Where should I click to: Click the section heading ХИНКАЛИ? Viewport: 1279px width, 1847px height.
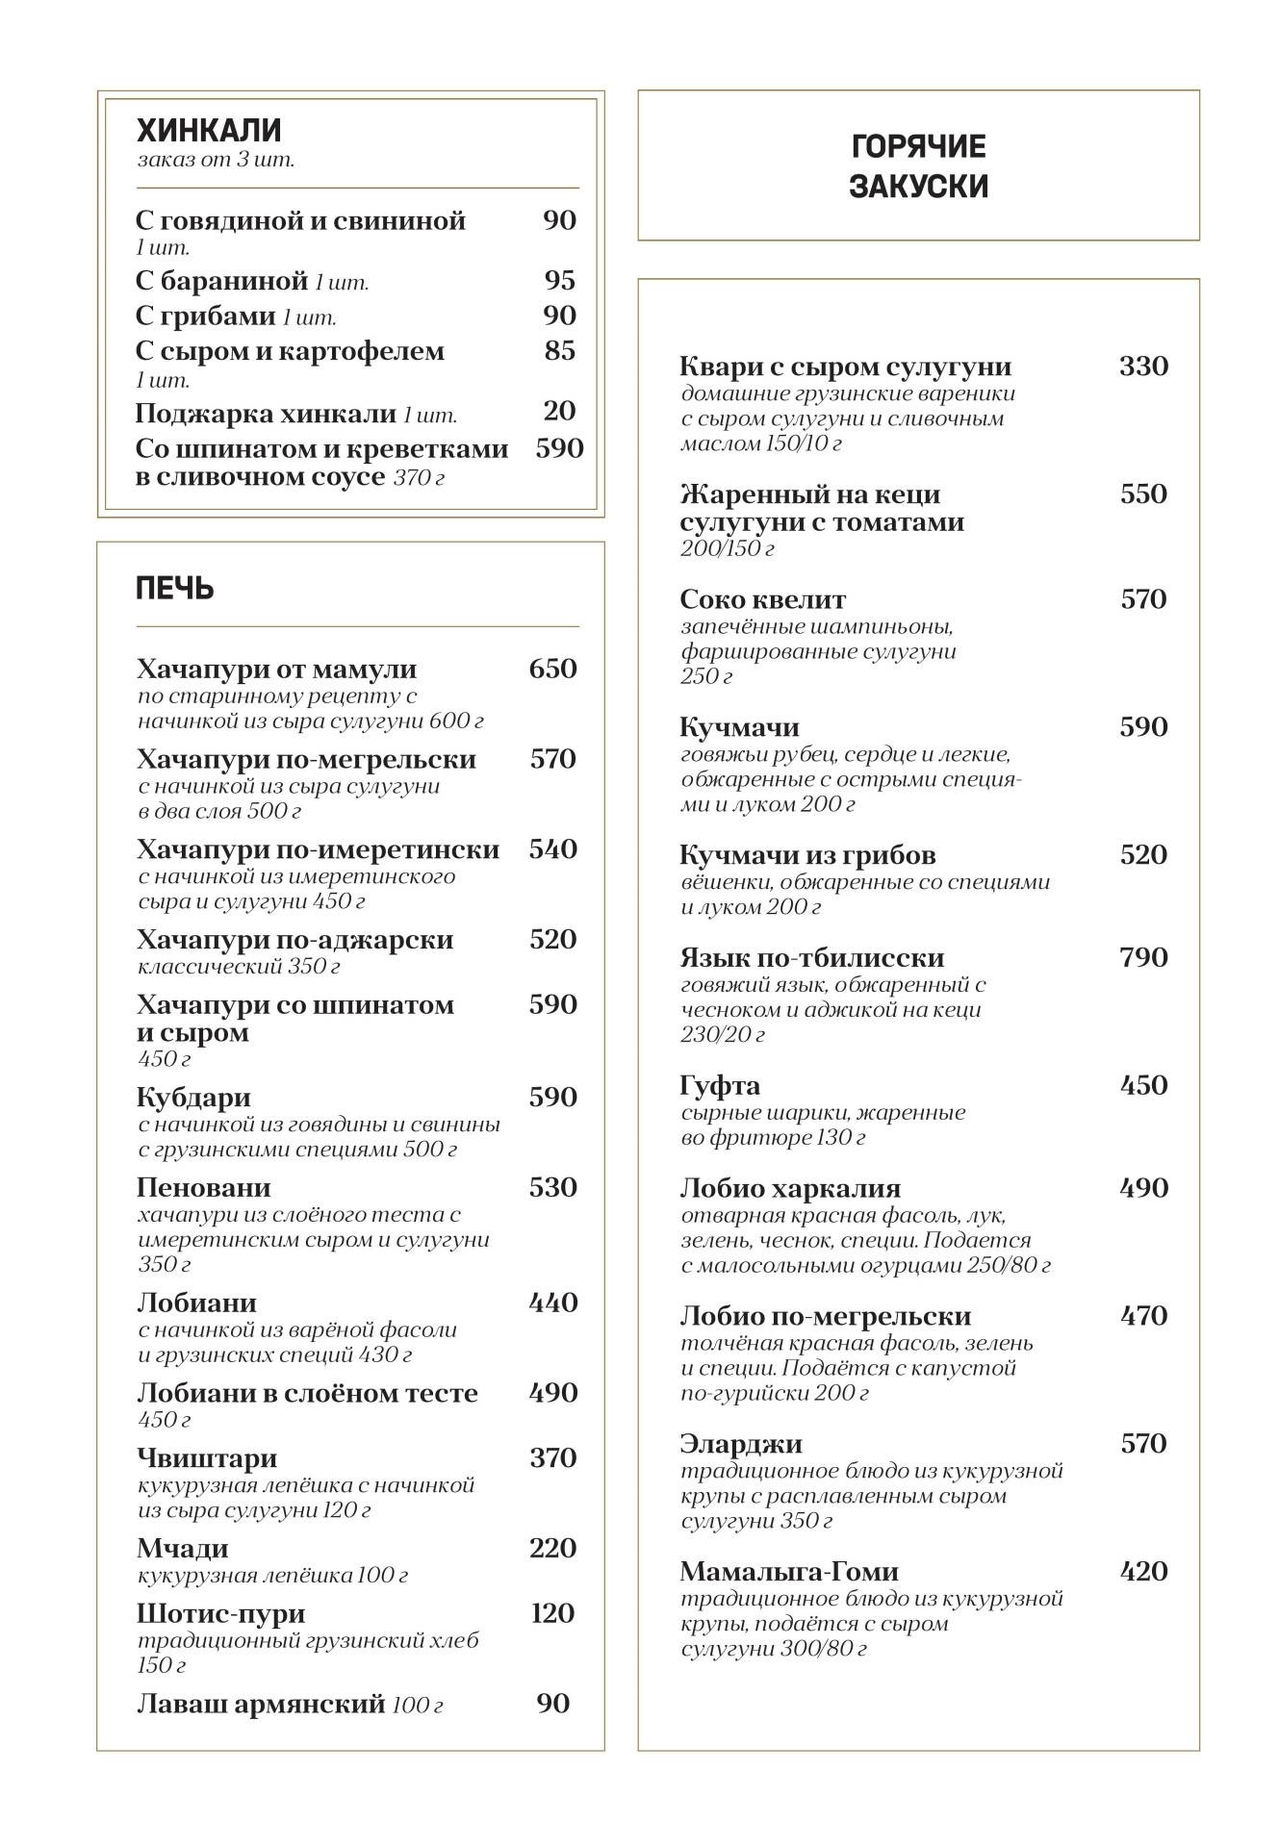tap(208, 130)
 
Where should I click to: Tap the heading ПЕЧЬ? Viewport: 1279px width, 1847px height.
tap(174, 588)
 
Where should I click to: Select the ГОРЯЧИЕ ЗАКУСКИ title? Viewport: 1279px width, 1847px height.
tap(918, 165)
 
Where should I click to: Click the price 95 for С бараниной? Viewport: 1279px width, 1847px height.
tap(559, 280)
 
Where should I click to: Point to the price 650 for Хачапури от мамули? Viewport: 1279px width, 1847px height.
tap(552, 669)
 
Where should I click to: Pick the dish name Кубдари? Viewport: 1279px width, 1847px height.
tap(193, 1097)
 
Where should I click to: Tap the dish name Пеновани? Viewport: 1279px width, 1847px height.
tap(203, 1187)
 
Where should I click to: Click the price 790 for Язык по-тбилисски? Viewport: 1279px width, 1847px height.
tap(1143, 957)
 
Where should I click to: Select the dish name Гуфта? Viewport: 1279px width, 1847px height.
tap(720, 1085)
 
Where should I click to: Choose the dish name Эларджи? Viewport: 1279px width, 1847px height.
tap(740, 1443)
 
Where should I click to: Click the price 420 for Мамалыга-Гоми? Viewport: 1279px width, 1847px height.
tap(1143, 1571)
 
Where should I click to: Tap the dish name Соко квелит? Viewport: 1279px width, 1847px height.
tap(762, 599)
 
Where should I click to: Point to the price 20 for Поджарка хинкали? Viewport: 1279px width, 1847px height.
tap(559, 411)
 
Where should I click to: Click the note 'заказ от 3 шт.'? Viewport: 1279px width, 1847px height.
tap(216, 160)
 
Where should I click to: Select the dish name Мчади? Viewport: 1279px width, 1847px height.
tap(182, 1548)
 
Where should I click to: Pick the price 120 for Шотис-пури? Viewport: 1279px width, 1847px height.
tap(552, 1613)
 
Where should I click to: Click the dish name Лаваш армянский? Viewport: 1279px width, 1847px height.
tap(260, 1704)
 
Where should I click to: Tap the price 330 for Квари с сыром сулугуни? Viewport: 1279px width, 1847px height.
tap(1143, 367)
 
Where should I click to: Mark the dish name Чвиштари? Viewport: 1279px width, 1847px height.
tap(206, 1457)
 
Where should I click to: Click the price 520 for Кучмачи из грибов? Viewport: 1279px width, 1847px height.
tap(1143, 854)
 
